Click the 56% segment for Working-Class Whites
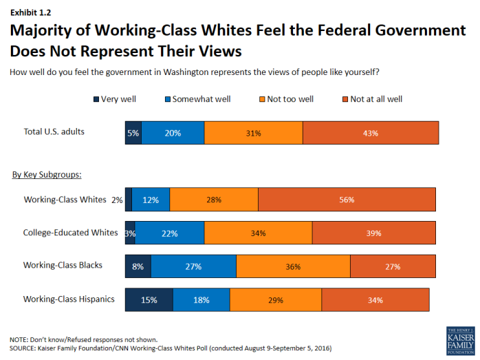347,200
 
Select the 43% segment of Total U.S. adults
371,133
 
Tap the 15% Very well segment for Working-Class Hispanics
149,300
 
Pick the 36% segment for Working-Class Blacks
293,266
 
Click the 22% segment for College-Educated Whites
169,233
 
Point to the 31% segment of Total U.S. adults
253,133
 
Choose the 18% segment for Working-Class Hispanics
201,300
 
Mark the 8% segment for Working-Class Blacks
138,266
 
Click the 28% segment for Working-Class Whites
213,200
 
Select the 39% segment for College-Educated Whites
373,233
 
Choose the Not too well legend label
290,99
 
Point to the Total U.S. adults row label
54,131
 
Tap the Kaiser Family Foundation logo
460,341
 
